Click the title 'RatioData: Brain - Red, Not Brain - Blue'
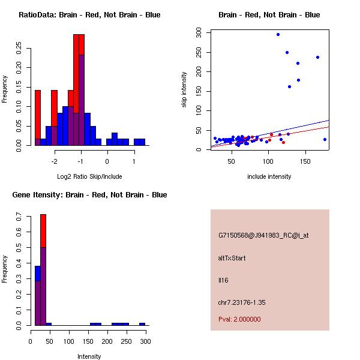point(89,15)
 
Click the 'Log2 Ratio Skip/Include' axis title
point(89,176)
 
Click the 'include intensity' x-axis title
point(269,176)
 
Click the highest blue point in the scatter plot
point(278,34)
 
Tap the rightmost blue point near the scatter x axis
point(325,139)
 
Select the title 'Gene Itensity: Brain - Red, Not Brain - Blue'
point(89,195)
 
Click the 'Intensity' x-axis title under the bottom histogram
point(89,356)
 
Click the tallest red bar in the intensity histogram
point(43,231)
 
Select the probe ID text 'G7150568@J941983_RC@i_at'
point(263,236)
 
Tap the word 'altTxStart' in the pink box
point(232,258)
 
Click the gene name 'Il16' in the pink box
point(223,280)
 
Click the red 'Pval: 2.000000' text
point(239,319)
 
